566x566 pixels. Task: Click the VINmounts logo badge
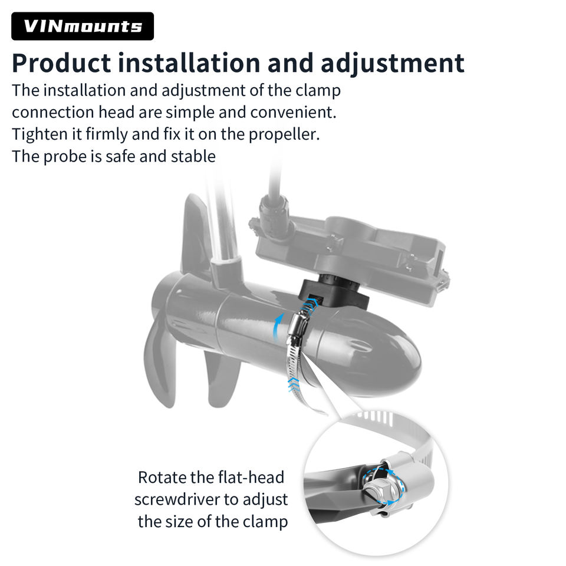83,26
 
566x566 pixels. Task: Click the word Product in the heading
61,63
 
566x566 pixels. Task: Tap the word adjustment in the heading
393,64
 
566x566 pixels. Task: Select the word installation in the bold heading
189,63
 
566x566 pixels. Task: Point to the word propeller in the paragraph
284,134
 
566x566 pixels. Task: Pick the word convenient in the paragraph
293,112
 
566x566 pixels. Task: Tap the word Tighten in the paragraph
40,134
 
